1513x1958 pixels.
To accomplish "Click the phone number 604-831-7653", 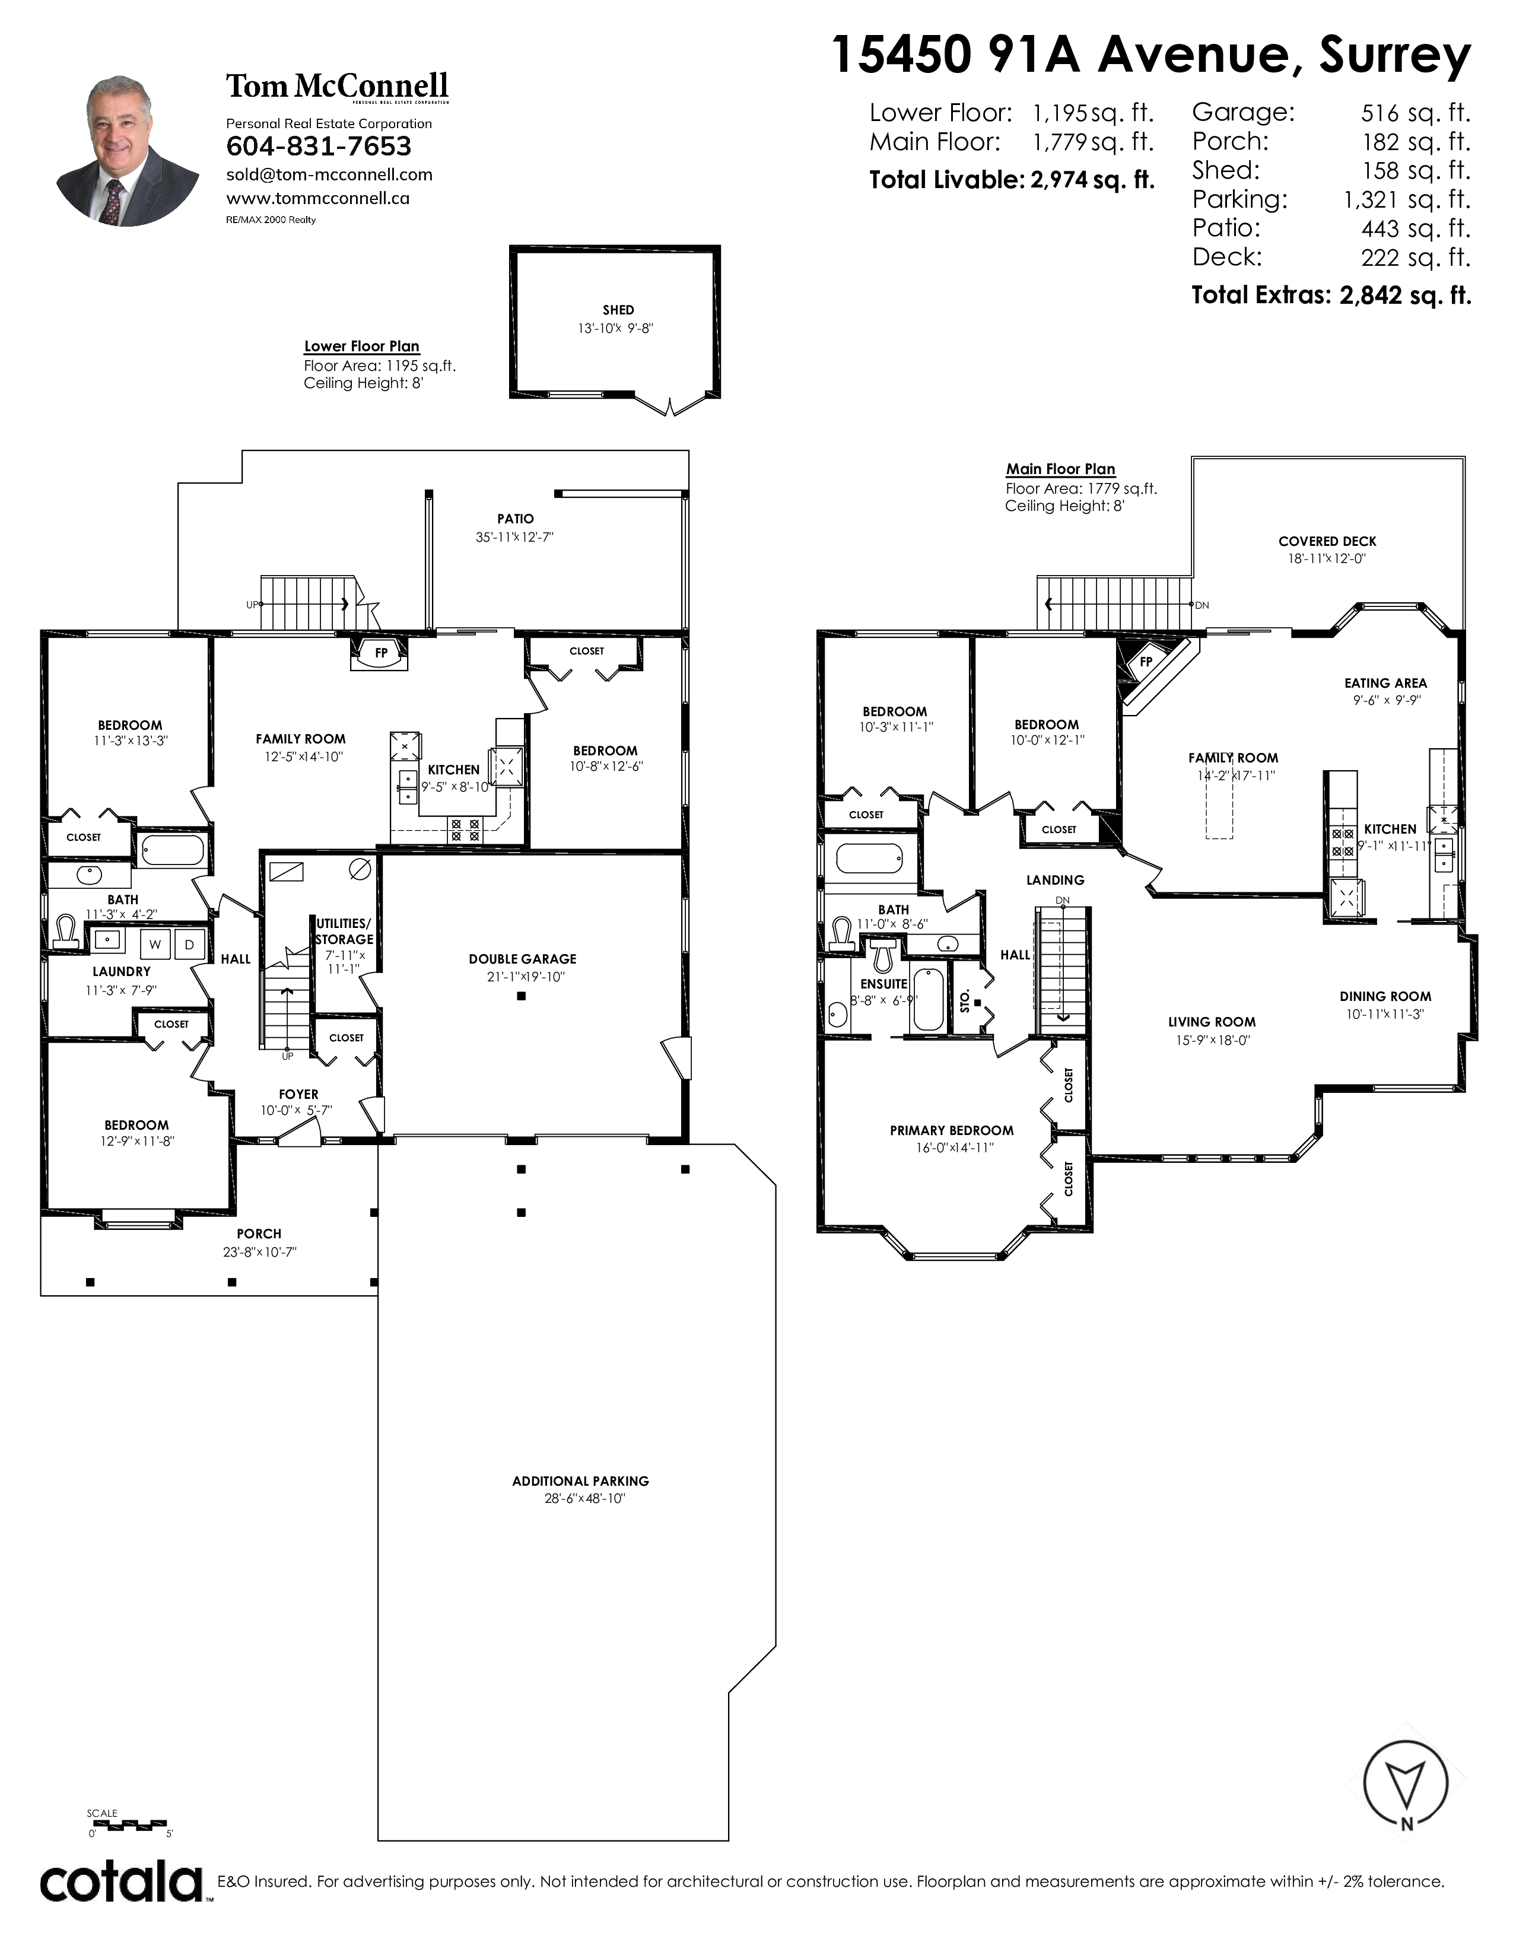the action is tap(318, 146).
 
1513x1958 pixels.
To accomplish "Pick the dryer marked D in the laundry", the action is tap(189, 944).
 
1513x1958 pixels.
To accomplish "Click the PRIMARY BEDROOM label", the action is tap(952, 1130).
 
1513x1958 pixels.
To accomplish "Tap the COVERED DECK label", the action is tap(1327, 542).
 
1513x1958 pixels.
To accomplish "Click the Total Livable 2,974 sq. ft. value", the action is tap(1092, 180).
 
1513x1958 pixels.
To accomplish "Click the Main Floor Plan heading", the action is tap(1060, 469).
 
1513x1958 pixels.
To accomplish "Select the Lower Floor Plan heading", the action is tap(361, 346).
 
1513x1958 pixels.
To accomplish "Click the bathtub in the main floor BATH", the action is tap(869, 859).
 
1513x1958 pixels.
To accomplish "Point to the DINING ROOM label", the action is tap(1385, 996).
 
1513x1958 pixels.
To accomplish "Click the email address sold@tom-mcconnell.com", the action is tap(329, 175).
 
